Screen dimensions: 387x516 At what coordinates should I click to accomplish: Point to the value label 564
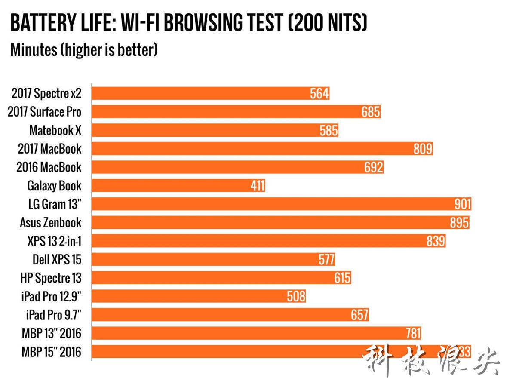click(x=319, y=93)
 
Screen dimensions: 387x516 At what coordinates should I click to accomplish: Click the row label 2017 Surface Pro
click(x=44, y=112)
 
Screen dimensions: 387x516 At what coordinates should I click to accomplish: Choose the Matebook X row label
click(x=55, y=130)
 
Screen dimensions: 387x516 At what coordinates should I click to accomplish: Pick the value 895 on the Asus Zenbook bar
click(x=459, y=222)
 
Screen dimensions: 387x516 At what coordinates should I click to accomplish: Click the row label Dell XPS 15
click(x=57, y=259)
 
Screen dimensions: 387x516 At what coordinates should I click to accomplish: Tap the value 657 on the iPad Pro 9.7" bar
click(x=359, y=315)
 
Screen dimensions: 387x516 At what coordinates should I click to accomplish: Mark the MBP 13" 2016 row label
click(x=51, y=333)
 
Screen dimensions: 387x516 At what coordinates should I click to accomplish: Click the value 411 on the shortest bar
click(x=258, y=186)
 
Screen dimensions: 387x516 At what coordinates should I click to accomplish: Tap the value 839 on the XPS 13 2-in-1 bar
click(x=436, y=241)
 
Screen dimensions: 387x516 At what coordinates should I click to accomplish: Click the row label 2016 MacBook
click(x=49, y=167)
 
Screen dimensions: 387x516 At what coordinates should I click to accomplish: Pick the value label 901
click(x=463, y=204)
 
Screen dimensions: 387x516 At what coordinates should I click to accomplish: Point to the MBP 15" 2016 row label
click(x=51, y=352)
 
